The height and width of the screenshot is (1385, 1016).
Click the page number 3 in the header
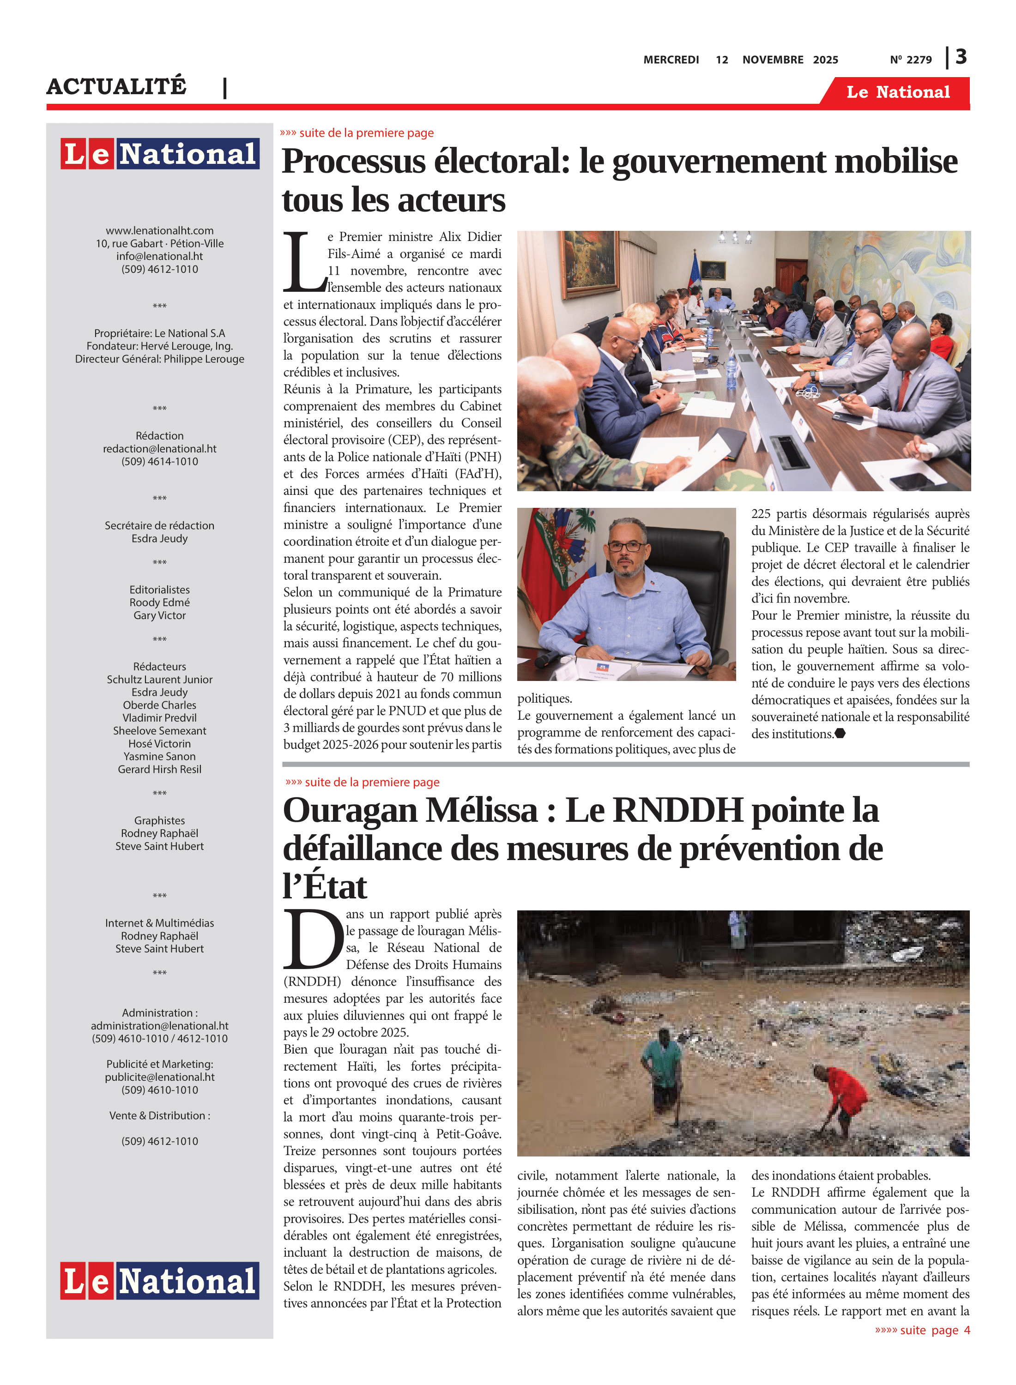coord(961,57)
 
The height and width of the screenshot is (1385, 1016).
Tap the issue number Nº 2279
coord(910,60)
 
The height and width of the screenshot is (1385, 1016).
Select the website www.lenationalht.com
coord(159,230)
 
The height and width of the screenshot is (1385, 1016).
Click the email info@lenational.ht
coord(159,256)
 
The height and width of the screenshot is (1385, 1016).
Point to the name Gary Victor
coord(159,615)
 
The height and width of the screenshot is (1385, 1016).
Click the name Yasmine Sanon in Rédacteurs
coord(159,756)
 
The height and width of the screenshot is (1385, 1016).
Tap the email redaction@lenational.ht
coord(159,449)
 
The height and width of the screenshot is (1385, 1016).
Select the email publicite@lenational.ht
coord(159,1077)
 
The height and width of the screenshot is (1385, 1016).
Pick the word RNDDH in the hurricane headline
coord(678,810)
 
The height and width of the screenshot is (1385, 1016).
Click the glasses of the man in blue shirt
coord(626,547)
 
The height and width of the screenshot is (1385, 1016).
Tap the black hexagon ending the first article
coord(840,734)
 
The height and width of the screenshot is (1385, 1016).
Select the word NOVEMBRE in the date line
coord(773,60)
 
